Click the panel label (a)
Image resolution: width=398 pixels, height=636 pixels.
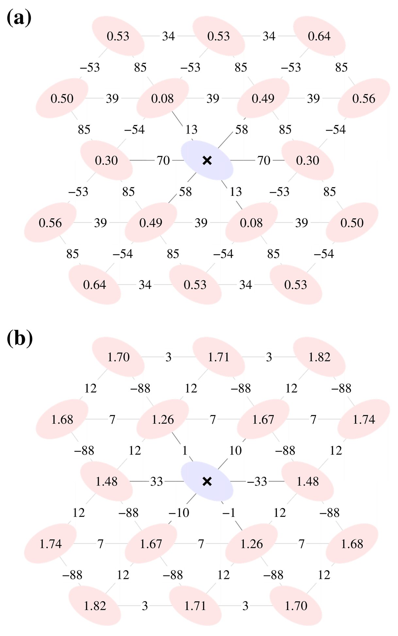(19, 18)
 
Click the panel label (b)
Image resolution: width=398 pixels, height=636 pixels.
(20, 339)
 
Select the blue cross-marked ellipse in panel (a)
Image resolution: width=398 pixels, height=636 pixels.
(207, 160)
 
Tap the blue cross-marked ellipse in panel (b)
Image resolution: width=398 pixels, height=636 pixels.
(207, 481)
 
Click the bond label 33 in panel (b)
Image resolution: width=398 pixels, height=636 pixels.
(157, 481)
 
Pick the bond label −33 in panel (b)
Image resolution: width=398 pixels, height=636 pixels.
(257, 481)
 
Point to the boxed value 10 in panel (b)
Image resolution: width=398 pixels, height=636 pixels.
(235, 451)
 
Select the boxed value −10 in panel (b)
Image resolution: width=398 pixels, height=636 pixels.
(179, 513)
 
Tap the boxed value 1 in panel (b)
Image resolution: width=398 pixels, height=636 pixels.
(185, 451)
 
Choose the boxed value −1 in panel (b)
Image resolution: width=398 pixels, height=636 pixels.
(229, 513)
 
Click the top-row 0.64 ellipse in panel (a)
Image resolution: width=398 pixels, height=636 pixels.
(319, 36)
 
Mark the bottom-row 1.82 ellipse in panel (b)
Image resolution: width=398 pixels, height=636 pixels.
(95, 606)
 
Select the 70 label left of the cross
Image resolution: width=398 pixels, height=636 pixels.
(163, 160)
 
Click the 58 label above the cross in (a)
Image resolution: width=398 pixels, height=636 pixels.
(241, 130)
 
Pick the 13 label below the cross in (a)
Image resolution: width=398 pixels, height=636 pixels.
(236, 192)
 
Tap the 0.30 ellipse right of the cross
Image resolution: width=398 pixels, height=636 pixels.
(307, 160)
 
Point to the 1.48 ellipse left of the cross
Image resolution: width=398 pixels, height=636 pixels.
(107, 481)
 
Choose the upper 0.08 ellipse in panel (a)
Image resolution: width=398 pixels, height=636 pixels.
(162, 98)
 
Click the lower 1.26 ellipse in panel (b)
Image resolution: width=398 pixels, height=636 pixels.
(251, 544)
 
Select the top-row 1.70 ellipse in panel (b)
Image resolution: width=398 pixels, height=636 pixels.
(118, 357)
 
